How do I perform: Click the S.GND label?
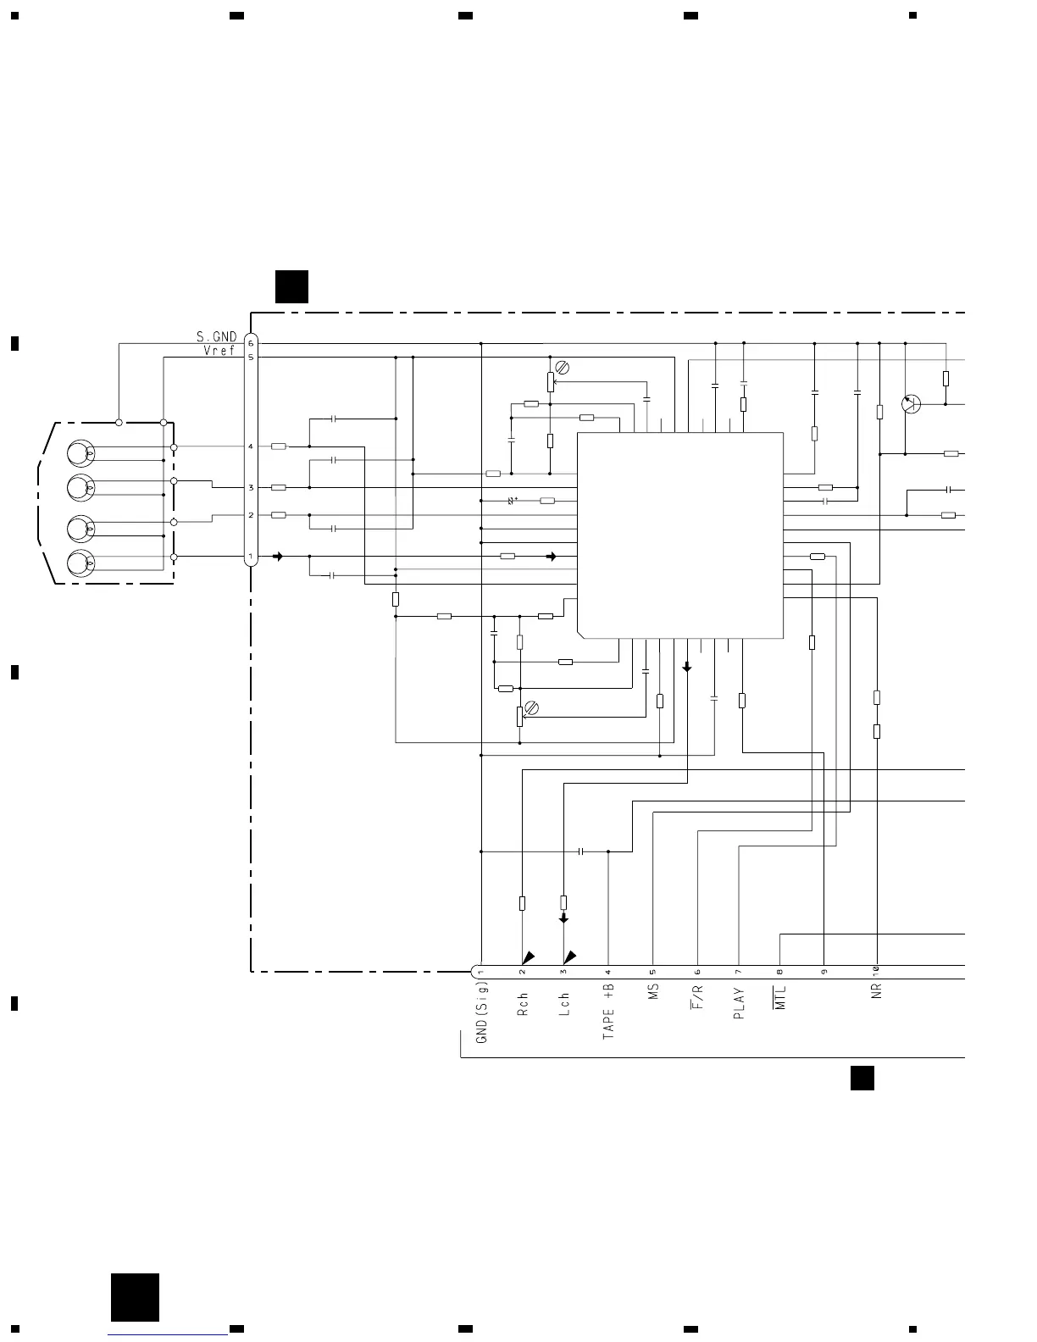click(x=216, y=337)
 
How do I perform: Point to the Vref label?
click(x=219, y=351)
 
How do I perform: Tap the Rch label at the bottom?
click(x=523, y=1005)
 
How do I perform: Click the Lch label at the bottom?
click(x=564, y=1004)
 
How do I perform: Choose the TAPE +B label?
click(x=608, y=1012)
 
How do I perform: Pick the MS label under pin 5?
click(x=653, y=992)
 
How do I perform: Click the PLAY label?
click(x=739, y=1003)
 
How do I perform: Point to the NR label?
click(x=877, y=990)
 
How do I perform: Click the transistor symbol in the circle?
click(x=912, y=403)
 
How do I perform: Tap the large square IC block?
click(x=680, y=535)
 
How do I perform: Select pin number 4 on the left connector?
click(x=251, y=446)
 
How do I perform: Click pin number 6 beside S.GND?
click(x=251, y=343)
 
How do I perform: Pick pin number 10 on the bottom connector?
click(x=877, y=971)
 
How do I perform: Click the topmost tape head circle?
click(x=81, y=453)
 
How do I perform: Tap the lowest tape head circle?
click(x=81, y=563)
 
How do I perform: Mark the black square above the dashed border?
click(x=291, y=286)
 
